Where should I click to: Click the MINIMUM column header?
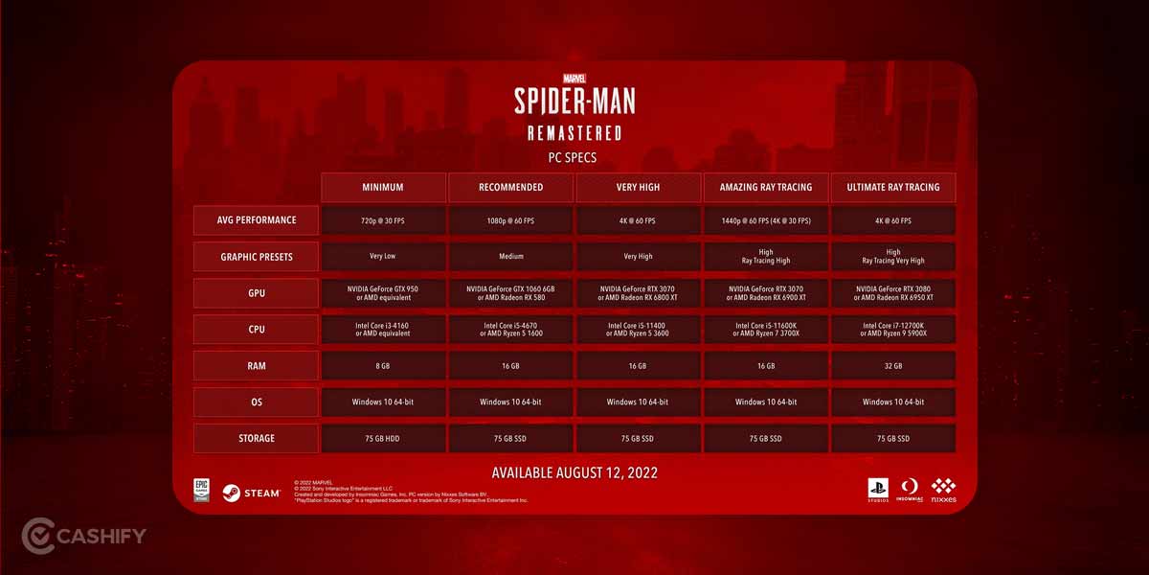pos(383,187)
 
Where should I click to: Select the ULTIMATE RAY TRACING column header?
pos(893,187)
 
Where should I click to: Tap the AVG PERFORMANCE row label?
pos(257,219)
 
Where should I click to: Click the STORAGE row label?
pos(257,438)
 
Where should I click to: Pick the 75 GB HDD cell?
pos(383,438)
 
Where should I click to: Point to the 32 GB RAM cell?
pos(893,366)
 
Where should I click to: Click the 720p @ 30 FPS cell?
pos(383,220)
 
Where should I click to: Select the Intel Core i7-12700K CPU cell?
pos(893,329)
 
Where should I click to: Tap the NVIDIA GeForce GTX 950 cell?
pos(383,292)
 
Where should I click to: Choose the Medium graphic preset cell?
pos(510,256)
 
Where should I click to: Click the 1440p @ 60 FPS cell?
pos(766,220)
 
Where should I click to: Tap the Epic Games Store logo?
pos(202,491)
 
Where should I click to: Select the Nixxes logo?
pos(943,491)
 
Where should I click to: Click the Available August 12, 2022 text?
pos(574,472)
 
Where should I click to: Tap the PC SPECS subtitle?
pos(574,157)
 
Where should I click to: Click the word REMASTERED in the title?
pos(574,132)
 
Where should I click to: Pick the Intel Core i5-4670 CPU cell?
pos(510,329)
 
